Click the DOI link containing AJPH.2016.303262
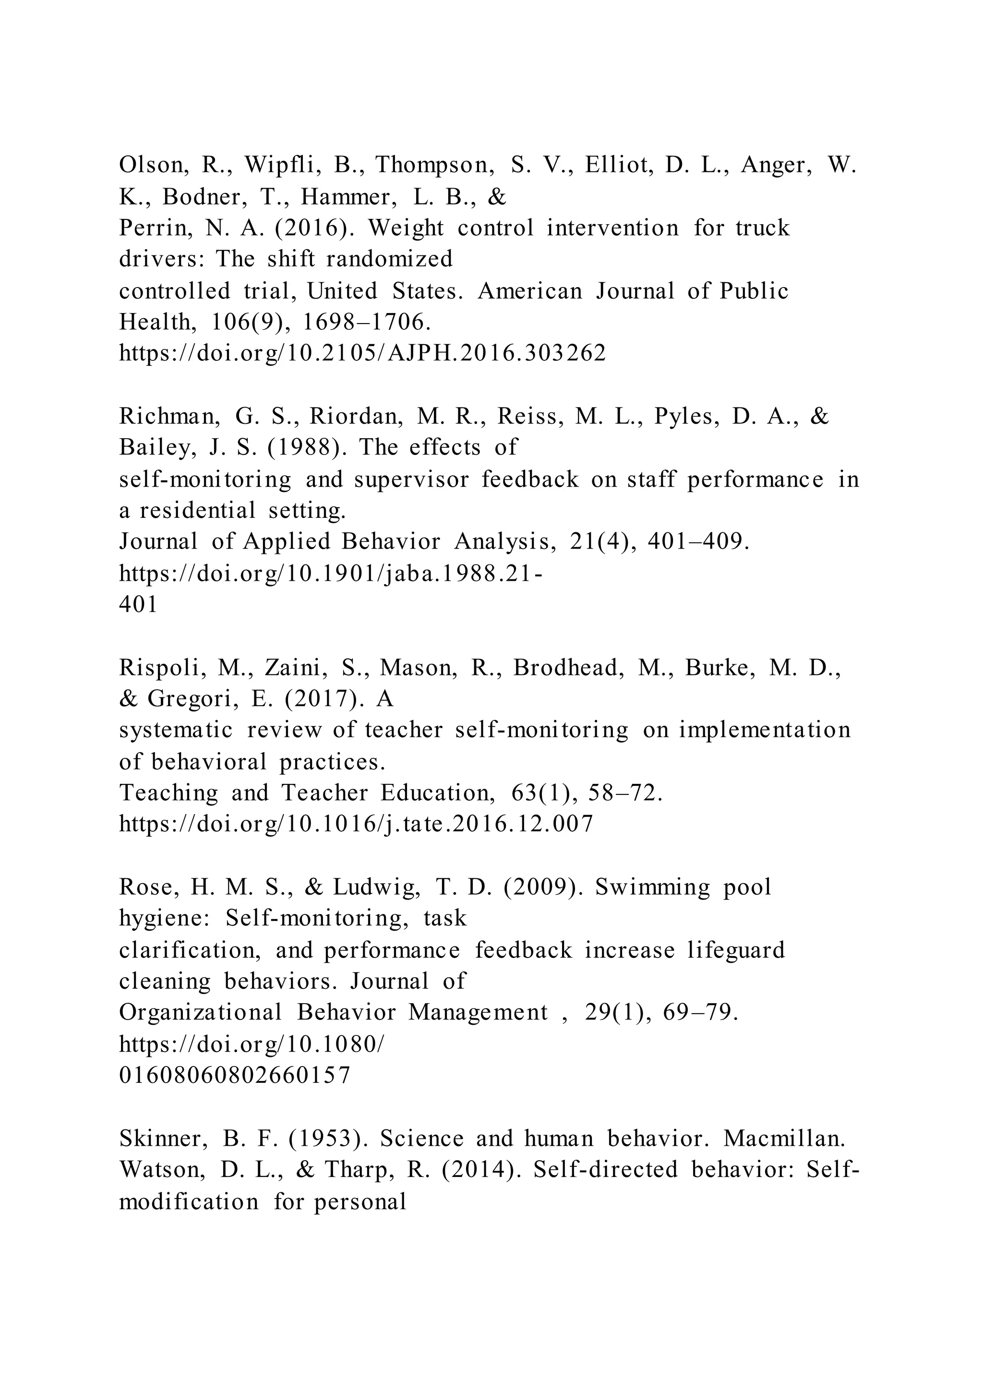click(362, 353)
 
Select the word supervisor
click(412, 479)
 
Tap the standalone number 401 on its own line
click(138, 604)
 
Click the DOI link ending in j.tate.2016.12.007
click(356, 824)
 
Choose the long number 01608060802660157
click(235, 1075)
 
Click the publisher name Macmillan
click(784, 1139)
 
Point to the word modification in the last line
click(189, 1202)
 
